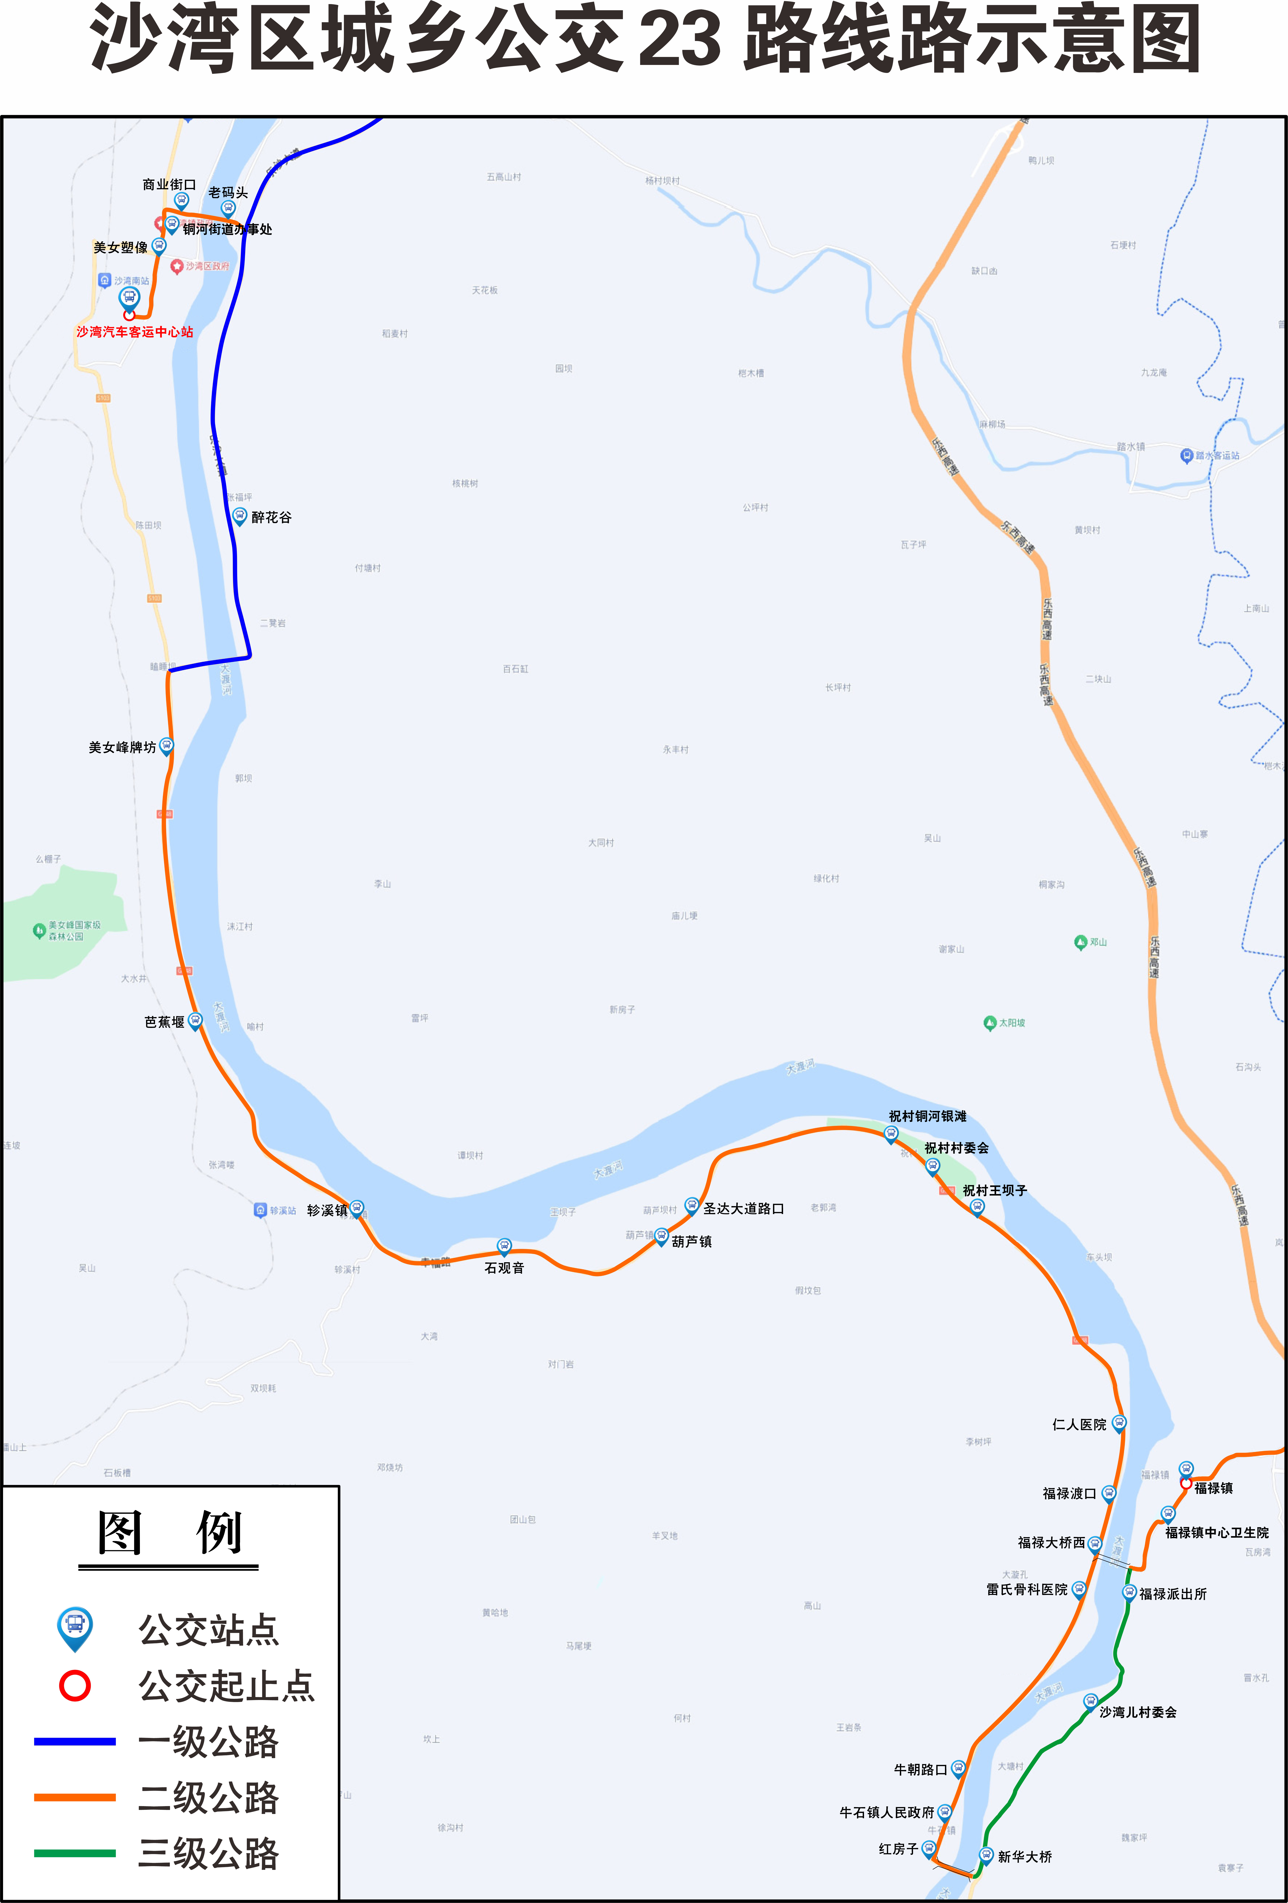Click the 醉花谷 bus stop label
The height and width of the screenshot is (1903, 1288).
[x=271, y=517]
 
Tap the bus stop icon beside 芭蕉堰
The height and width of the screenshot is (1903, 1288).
[x=195, y=1020]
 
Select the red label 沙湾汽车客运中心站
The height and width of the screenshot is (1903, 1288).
[x=135, y=332]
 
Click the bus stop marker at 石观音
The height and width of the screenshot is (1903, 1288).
[x=504, y=1246]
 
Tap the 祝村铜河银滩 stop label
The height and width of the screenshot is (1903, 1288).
[x=928, y=1116]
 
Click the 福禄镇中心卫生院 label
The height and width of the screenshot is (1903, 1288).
[x=1217, y=1532]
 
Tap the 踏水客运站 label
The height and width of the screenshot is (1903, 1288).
[x=1217, y=455]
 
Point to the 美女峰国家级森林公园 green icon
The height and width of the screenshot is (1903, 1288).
[x=39, y=930]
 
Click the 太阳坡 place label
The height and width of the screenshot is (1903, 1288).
[x=1011, y=1023]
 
